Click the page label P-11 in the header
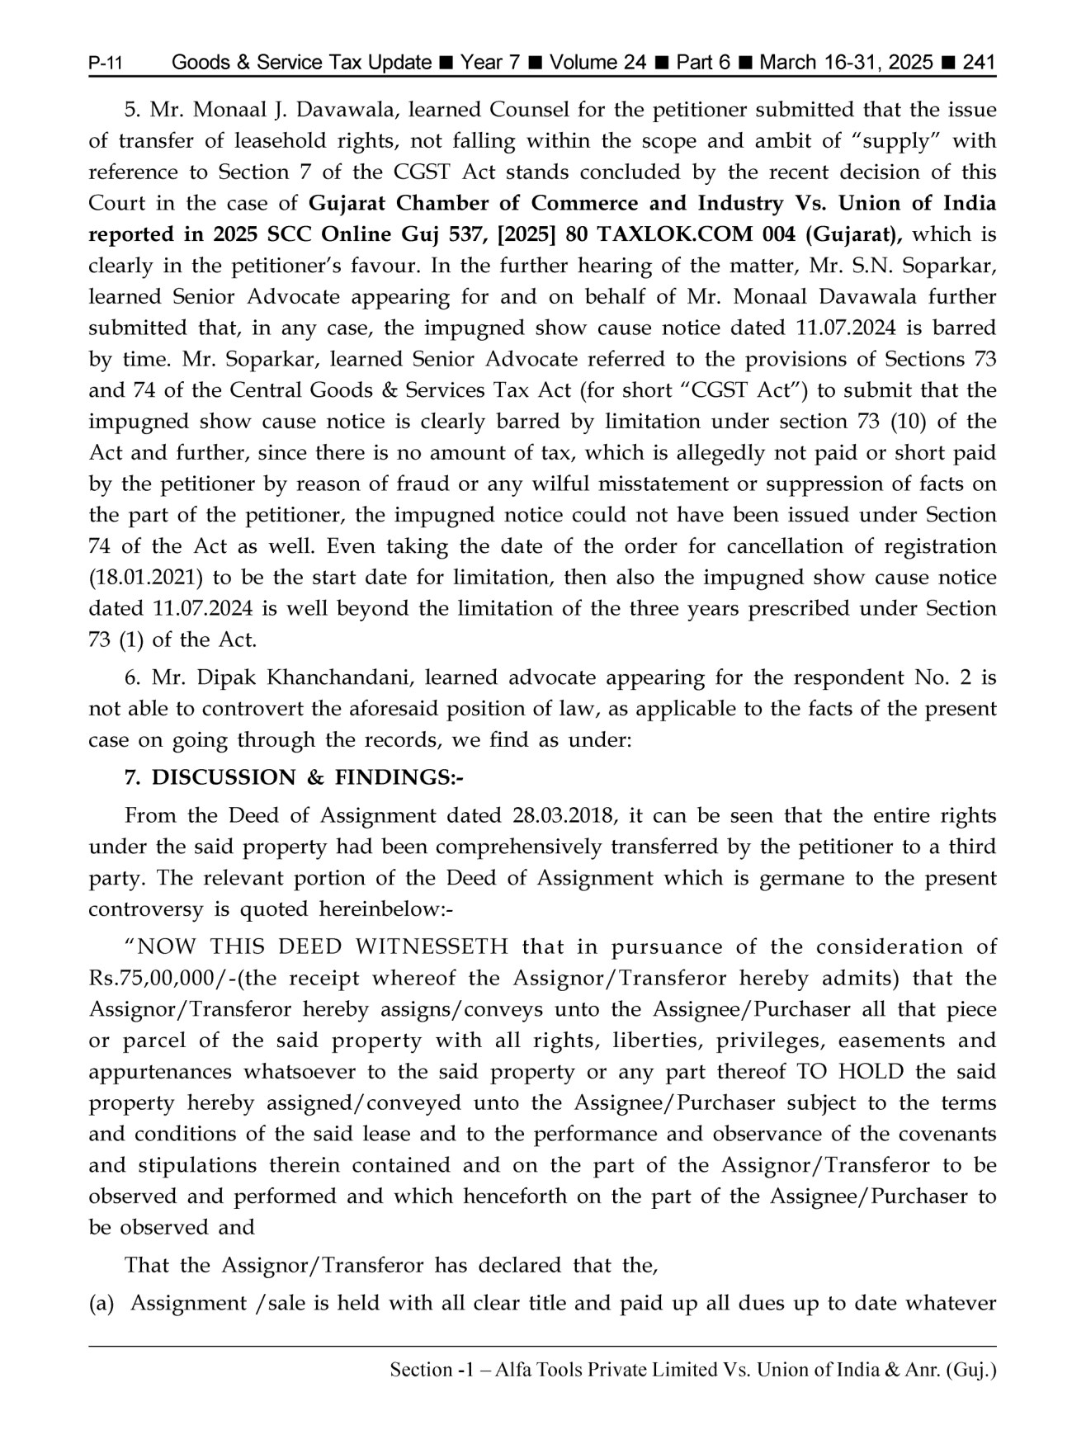[106, 64]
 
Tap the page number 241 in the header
[979, 63]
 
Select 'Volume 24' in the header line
[597, 63]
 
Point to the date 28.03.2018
[563, 816]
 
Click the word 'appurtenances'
[161, 1072]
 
